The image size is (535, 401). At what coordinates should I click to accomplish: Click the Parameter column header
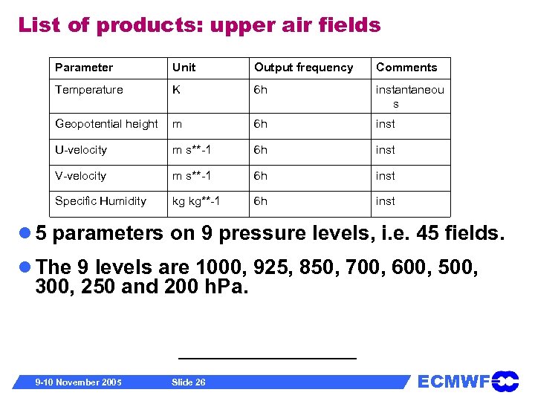point(84,68)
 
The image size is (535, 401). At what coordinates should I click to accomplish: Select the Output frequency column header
point(303,68)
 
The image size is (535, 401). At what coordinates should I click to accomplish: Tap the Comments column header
point(406,68)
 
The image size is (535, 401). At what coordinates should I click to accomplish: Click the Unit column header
point(184,68)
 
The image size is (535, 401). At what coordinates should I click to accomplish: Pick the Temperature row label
point(88,90)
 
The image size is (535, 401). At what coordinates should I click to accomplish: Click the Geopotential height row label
point(106,124)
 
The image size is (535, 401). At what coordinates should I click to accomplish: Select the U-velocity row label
point(81,150)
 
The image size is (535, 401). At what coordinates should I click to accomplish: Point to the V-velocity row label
point(80,176)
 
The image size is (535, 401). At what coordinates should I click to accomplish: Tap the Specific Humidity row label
point(100,201)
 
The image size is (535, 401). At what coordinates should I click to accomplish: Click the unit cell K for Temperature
point(176,90)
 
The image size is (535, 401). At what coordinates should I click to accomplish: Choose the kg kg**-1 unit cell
point(196,201)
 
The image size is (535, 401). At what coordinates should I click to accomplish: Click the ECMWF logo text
point(453,382)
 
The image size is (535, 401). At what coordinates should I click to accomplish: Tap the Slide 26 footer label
point(188,382)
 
